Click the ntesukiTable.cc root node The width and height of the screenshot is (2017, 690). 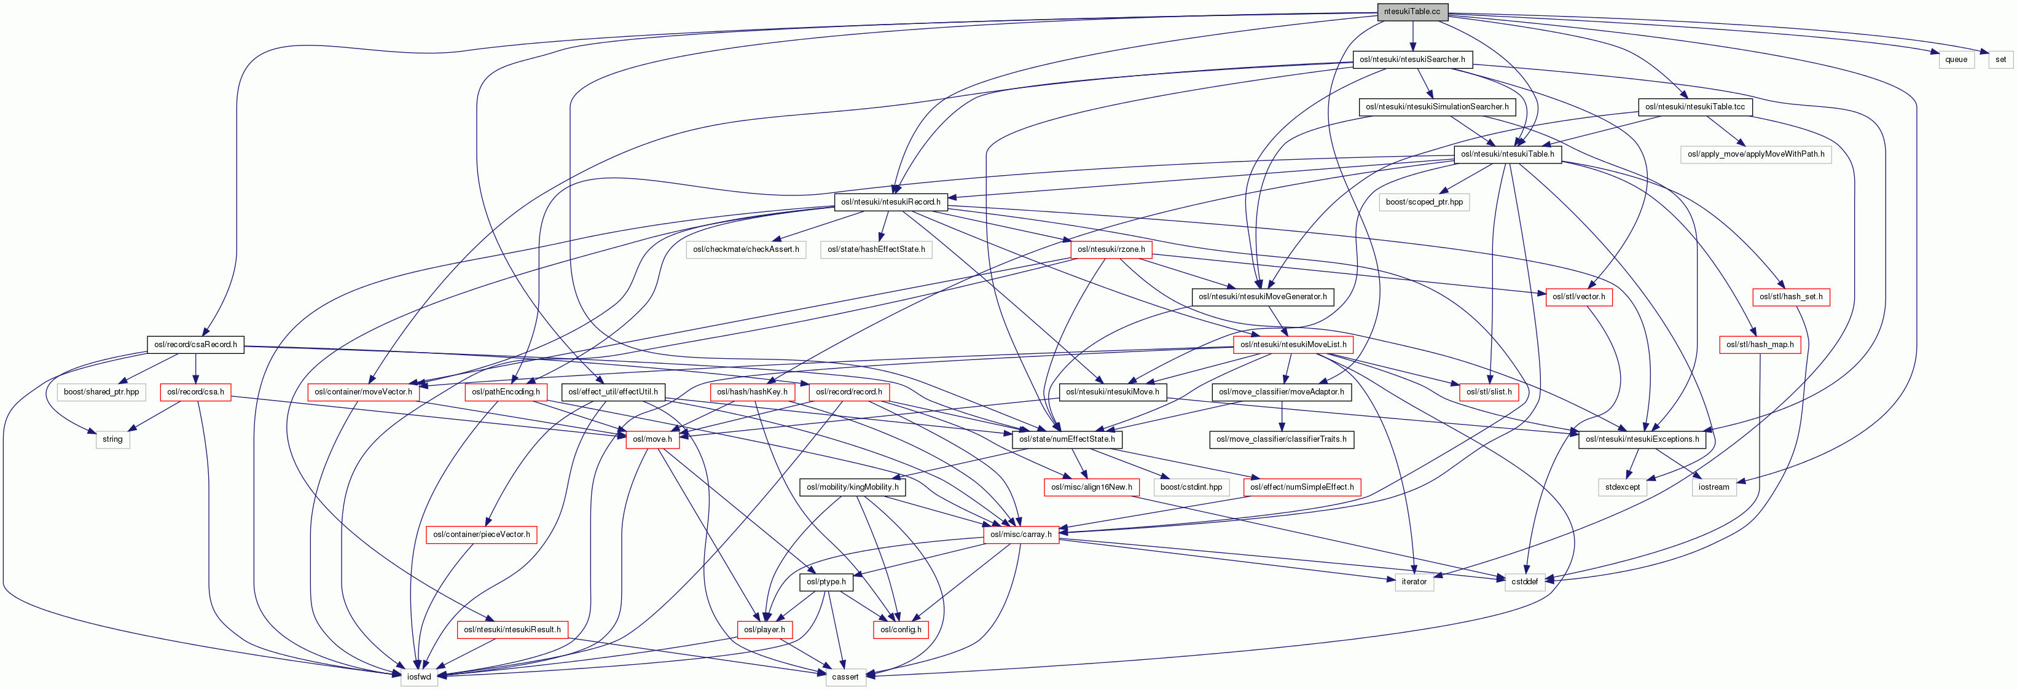(1412, 12)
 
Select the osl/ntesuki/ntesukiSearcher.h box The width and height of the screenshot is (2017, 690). (1412, 60)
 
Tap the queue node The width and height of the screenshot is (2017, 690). (1956, 60)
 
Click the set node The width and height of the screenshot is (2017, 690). (2000, 60)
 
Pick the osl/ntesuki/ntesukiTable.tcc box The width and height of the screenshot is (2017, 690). (1694, 106)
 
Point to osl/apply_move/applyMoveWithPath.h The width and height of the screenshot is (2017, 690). (1755, 154)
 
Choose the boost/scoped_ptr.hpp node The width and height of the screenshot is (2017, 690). (1424, 202)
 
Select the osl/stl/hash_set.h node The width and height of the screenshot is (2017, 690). (1791, 297)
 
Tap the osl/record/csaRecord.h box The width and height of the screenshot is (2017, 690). (195, 345)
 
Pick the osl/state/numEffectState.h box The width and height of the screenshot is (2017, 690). (1067, 439)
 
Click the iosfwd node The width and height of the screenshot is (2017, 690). (419, 676)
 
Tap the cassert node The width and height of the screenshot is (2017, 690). (845, 676)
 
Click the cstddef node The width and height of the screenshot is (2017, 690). (1524, 582)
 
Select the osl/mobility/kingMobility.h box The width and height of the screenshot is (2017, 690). (852, 487)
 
